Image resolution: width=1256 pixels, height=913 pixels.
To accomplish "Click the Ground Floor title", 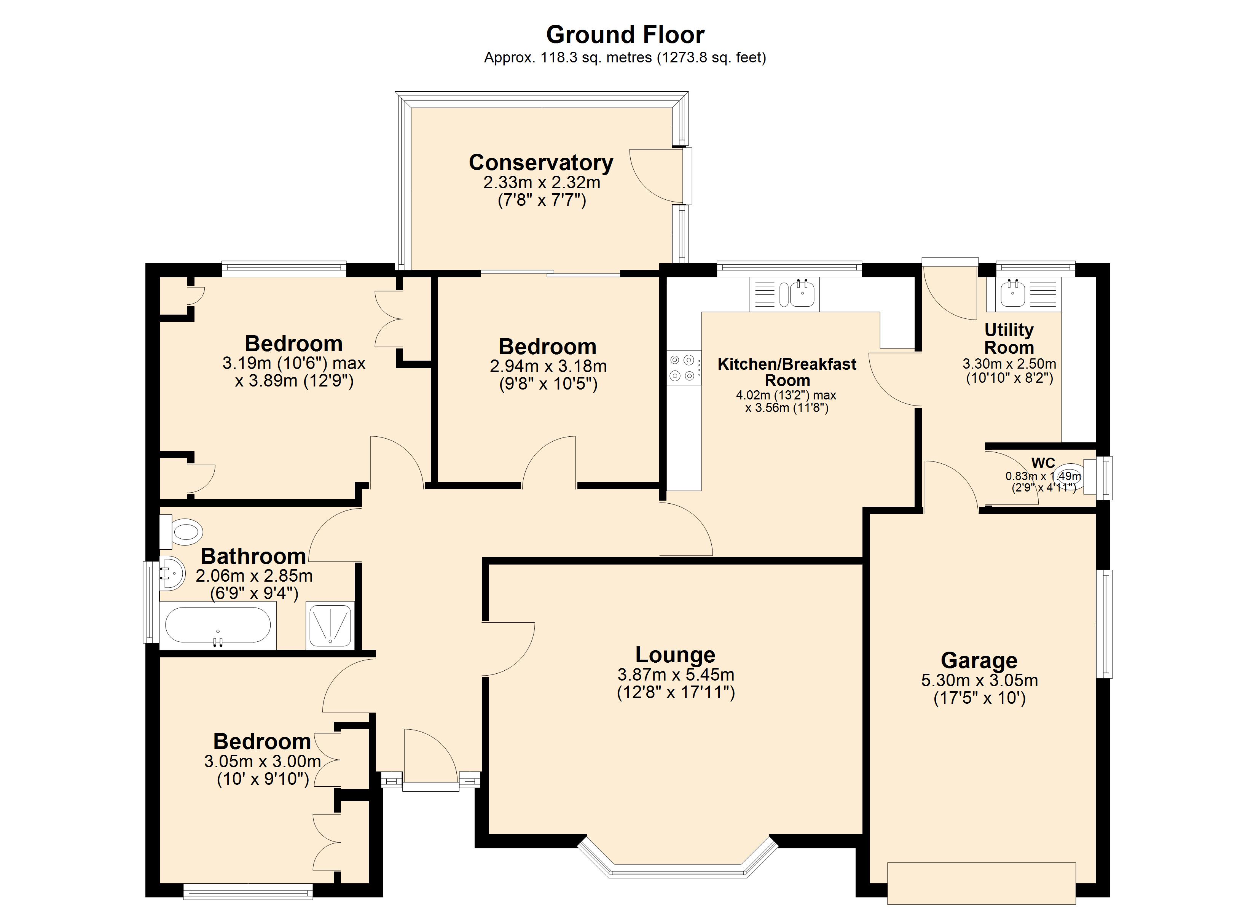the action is (625, 35).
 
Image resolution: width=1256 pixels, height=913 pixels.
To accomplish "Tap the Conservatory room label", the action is (541, 163).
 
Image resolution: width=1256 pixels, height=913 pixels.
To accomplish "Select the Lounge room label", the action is (675, 655).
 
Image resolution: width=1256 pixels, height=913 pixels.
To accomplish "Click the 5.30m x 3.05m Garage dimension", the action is (979, 681).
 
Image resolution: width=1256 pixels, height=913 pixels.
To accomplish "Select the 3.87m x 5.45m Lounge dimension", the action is (676, 675).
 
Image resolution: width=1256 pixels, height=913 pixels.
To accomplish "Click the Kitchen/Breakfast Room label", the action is (787, 372).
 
